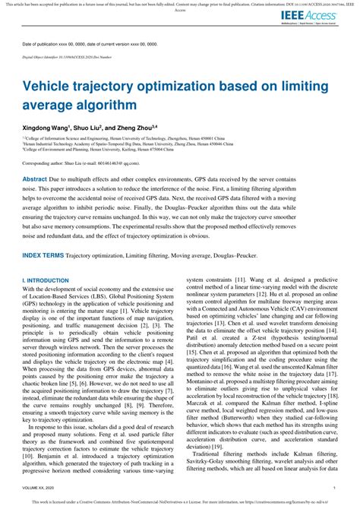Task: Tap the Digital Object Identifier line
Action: point(68,57)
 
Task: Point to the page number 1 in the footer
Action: point(336,491)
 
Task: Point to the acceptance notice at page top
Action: point(180,5)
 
